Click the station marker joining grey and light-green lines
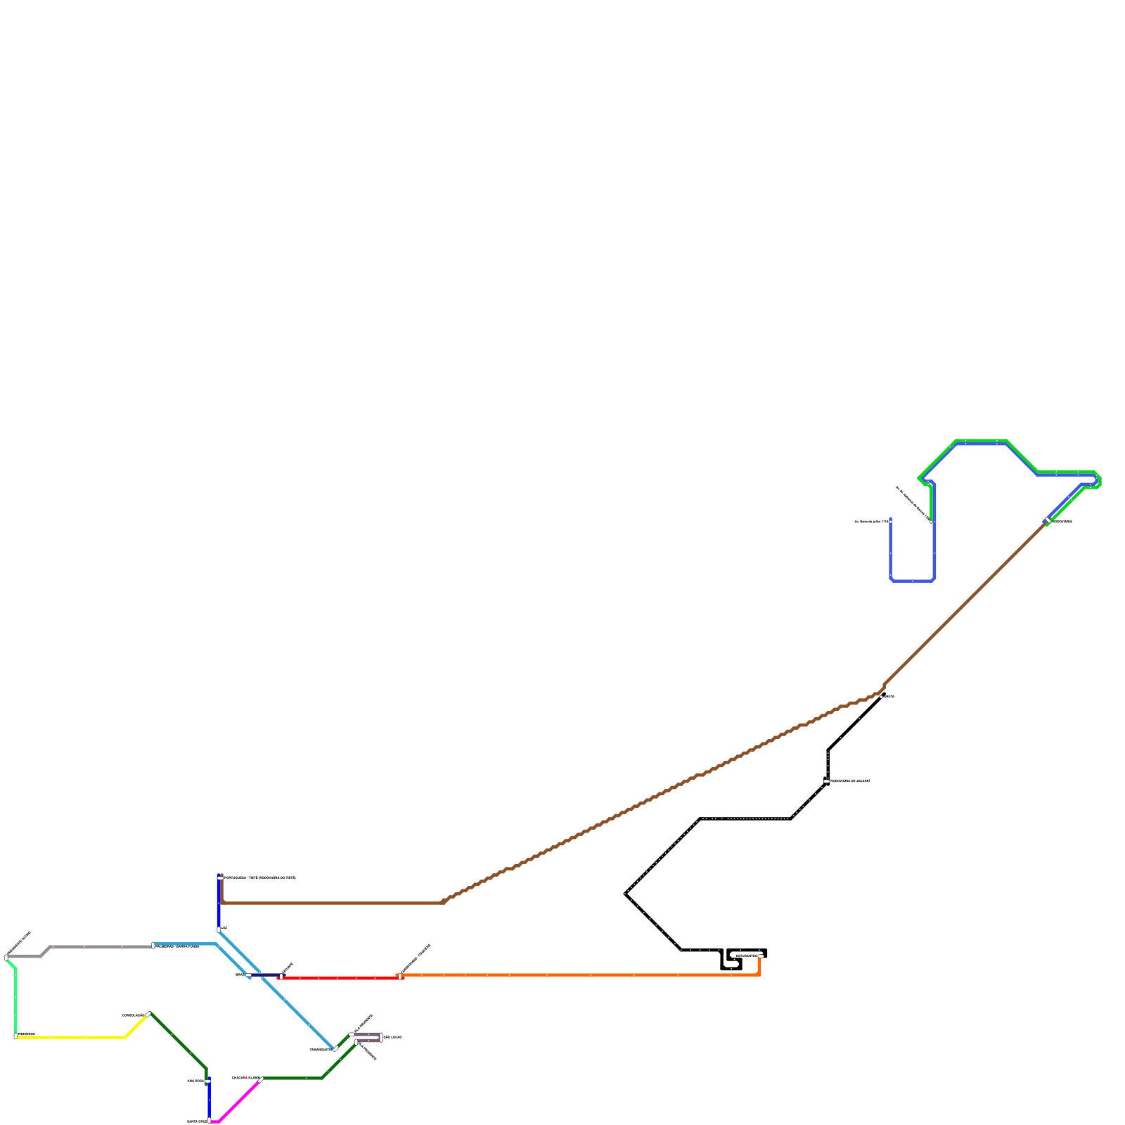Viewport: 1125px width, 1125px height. (6, 957)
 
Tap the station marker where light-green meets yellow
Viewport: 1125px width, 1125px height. (15, 1036)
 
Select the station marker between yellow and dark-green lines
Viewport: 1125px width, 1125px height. (148, 1014)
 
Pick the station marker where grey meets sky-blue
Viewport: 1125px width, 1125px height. (153, 945)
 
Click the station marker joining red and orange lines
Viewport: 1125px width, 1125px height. (400, 976)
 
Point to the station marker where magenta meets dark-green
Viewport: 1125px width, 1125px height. (262, 1079)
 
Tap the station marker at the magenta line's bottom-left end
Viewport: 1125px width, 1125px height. (210, 1121)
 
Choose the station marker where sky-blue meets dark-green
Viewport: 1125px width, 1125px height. (335, 1049)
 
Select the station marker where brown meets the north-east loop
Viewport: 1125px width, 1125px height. (1048, 521)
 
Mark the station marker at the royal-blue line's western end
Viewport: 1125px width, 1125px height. (891, 521)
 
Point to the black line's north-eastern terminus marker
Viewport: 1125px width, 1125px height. (883, 696)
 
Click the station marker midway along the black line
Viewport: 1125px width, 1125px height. (826, 781)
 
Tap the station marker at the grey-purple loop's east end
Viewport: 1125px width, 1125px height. (381, 1037)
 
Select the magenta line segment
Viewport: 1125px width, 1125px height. (239, 1101)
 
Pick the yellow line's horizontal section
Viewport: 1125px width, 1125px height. (70, 1037)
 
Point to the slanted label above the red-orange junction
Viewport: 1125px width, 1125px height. (415, 960)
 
